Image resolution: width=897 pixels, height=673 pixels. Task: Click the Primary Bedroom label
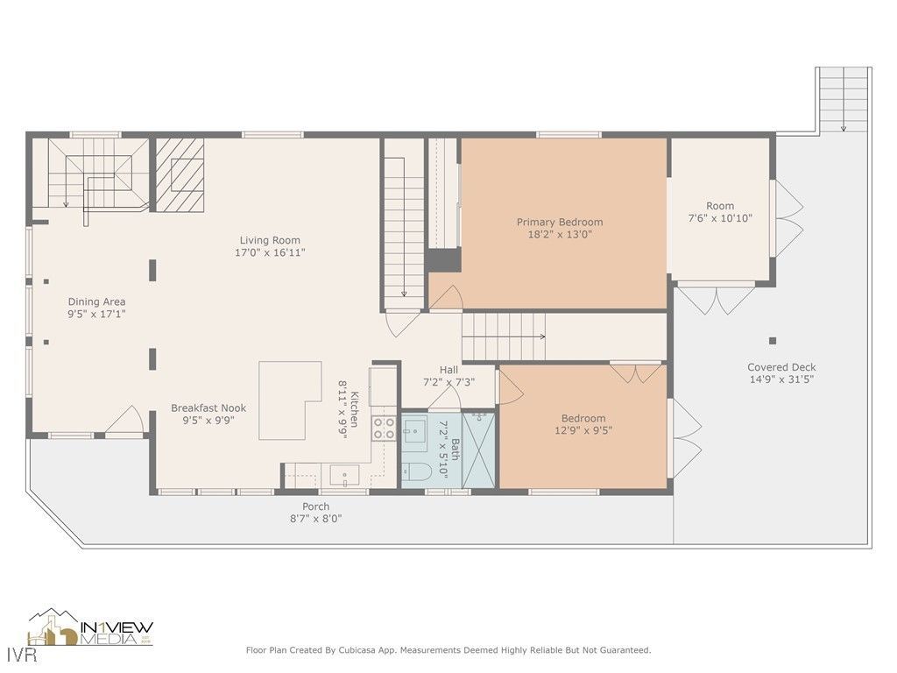559,222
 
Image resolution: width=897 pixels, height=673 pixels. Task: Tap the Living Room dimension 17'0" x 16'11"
270,252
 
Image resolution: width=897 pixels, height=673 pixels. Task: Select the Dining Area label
96,301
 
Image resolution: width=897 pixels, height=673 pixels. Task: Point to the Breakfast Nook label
208,407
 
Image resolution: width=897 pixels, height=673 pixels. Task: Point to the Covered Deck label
781,367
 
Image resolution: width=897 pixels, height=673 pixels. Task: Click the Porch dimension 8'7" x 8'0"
316,519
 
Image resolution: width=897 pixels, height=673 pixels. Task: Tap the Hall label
448,370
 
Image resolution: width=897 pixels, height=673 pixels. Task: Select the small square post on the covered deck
772,341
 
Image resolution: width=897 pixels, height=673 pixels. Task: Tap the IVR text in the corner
15,655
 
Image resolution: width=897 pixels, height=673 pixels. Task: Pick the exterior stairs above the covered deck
844,99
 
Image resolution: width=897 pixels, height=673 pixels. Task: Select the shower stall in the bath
478,449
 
